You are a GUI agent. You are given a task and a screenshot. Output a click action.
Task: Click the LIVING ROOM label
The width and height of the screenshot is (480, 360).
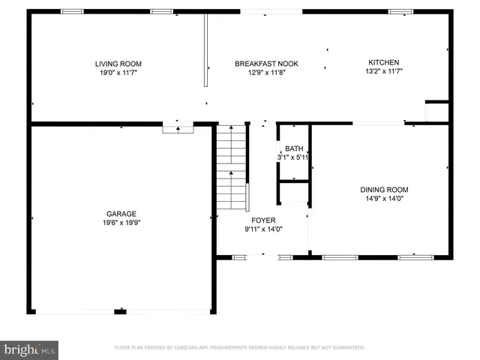tap(118, 64)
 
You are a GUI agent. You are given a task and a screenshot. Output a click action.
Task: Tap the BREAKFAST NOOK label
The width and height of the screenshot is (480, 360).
tap(260, 64)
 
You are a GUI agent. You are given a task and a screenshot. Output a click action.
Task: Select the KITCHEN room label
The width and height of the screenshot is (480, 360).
tap(383, 62)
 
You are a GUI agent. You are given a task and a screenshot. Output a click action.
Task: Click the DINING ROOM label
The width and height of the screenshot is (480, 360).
tap(384, 190)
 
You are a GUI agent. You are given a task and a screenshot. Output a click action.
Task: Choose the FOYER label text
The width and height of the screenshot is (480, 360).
tap(262, 220)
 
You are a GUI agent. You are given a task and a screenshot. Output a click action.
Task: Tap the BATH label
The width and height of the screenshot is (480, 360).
tap(293, 148)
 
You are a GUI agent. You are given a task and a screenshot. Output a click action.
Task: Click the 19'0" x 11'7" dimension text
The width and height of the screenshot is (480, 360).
tap(118, 73)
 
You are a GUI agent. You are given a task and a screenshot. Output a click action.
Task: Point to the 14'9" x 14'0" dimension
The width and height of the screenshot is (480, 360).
tap(384, 199)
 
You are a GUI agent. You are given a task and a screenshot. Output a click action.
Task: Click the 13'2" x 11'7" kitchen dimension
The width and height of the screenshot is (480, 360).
tap(383, 71)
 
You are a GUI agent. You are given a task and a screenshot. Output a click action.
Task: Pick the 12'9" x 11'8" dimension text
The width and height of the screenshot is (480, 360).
tap(260, 73)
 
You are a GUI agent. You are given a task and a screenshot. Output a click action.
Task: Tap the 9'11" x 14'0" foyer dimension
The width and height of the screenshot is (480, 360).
tap(262, 229)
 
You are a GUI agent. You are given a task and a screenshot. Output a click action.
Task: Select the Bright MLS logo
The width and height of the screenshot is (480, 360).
tap(30, 349)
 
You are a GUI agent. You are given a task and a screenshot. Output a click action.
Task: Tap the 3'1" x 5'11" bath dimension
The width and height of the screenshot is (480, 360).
tap(293, 157)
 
